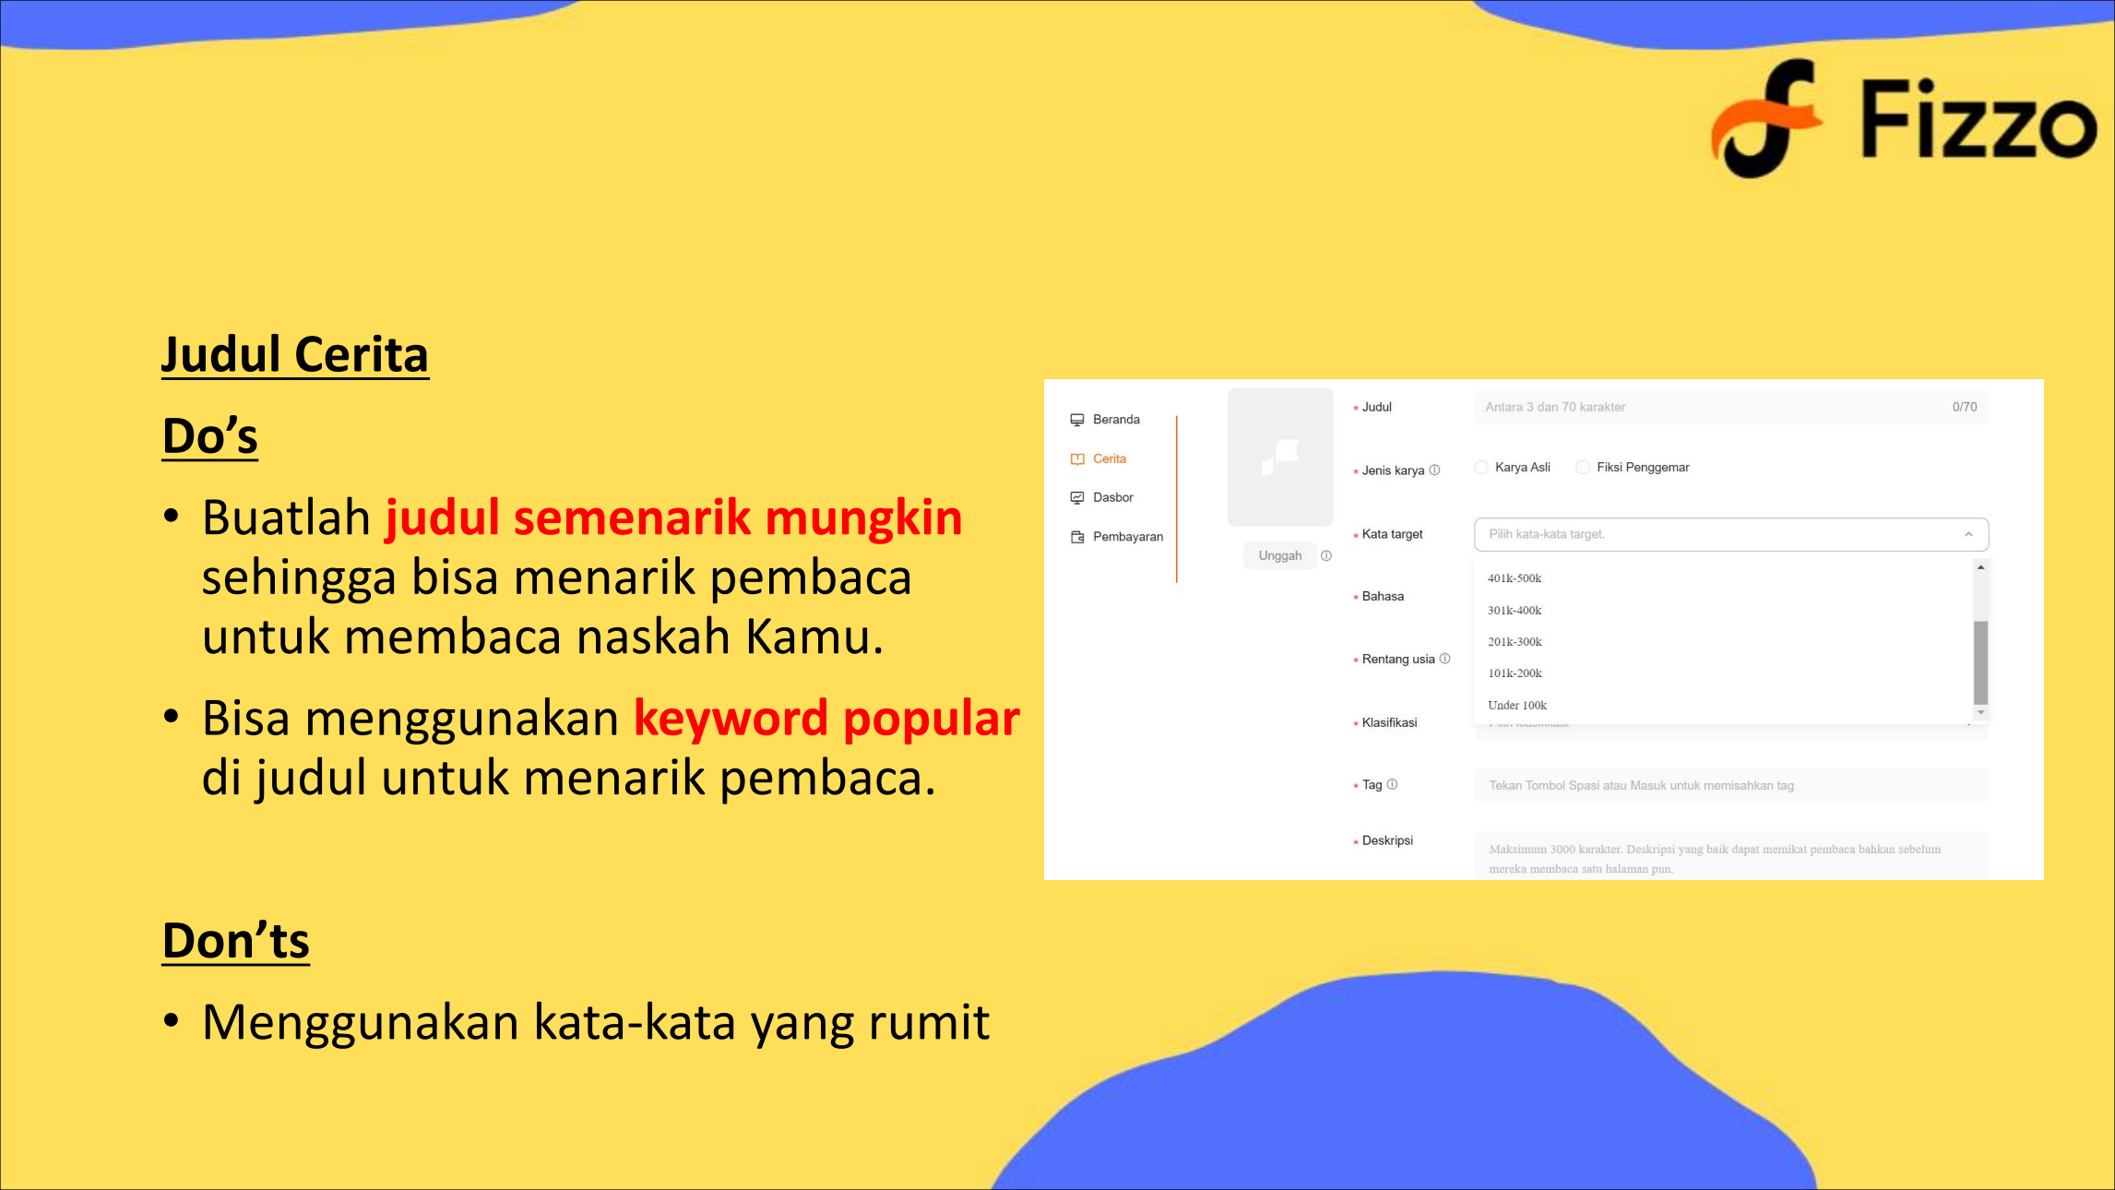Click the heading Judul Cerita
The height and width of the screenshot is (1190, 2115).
(295, 354)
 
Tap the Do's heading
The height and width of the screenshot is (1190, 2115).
(209, 435)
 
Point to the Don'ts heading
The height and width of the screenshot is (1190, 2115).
(236, 940)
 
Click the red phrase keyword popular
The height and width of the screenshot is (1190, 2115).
(826, 718)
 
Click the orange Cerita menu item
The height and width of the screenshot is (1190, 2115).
(1099, 458)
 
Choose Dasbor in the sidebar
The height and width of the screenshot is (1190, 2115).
(1102, 497)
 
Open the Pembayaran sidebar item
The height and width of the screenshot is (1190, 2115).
(1117, 537)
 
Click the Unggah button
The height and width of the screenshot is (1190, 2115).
(1280, 555)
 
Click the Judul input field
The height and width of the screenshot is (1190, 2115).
(1731, 407)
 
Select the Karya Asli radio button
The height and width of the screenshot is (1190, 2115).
(1481, 468)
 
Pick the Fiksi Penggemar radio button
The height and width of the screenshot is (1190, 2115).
(1583, 468)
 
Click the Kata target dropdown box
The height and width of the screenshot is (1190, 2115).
(1731, 534)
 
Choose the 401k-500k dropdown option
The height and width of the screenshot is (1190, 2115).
(1515, 578)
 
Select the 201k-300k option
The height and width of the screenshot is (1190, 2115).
(1515, 642)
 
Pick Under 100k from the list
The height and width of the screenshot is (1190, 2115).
(1517, 706)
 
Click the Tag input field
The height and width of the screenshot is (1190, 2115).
(1731, 785)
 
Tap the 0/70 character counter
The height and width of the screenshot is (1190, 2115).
(1965, 407)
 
